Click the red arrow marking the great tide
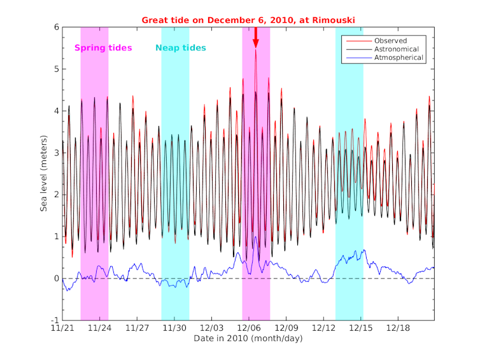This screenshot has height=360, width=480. (256, 38)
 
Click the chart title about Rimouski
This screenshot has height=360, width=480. (248, 20)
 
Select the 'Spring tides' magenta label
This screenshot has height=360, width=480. (103, 48)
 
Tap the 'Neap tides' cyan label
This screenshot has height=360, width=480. (181, 48)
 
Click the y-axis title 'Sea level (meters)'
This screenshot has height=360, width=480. (44, 173)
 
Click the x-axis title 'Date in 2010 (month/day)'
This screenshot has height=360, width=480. (248, 338)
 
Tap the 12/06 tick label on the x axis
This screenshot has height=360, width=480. (248, 328)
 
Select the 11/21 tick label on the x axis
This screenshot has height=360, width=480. (62, 328)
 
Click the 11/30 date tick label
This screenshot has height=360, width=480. (174, 328)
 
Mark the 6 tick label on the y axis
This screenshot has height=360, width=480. (56, 27)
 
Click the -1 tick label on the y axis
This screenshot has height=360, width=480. (54, 320)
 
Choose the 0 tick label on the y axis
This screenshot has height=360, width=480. (56, 279)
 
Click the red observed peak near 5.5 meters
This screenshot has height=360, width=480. (256, 50)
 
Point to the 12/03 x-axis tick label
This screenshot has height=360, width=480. (211, 328)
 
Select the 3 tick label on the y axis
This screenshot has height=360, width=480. (56, 153)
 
